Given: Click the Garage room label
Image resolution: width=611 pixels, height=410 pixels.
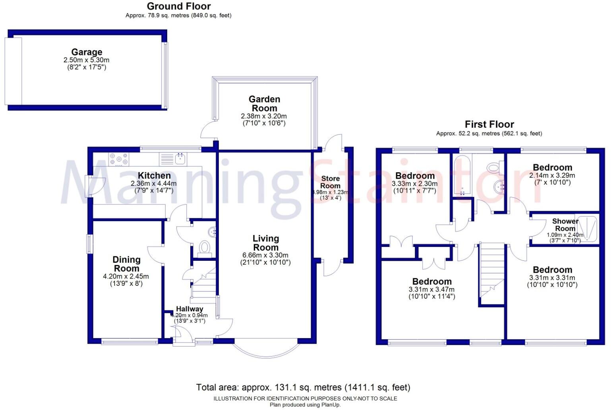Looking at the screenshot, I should point(87,52).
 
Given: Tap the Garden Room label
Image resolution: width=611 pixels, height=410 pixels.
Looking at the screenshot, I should point(264,104).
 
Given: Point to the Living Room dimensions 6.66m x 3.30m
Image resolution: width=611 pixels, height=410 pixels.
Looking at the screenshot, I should point(265,255).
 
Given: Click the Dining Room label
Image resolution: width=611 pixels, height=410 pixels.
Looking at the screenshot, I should point(126,264).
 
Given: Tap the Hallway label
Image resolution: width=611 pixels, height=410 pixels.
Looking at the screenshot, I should point(189,309).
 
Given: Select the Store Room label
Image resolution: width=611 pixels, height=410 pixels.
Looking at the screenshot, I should point(330,182).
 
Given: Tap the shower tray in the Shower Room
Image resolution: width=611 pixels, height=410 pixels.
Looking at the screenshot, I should point(587,229).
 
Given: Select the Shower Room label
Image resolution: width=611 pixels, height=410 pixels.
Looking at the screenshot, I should point(565,225).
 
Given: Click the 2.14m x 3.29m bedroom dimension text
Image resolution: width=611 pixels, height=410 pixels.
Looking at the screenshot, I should point(552,175).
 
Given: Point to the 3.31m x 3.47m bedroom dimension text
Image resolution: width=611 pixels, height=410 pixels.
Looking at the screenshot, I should point(431,290).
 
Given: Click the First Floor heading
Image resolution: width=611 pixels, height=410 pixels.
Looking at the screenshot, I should point(489,124).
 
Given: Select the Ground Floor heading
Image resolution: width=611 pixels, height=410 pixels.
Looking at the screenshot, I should point(179,6).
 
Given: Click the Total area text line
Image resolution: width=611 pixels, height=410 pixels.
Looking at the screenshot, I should point(303,387).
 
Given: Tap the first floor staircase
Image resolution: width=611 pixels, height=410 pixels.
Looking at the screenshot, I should point(492,274).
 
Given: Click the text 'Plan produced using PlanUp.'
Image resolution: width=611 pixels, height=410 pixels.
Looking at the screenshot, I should point(305,405).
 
